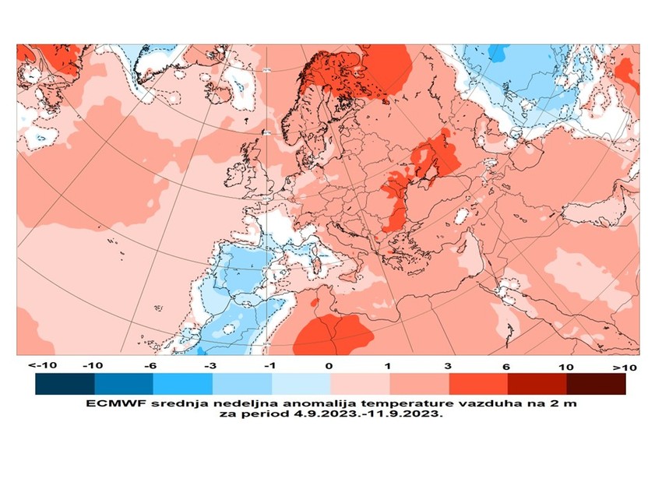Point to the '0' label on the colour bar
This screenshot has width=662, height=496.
click(x=329, y=366)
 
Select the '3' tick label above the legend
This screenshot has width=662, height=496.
click(x=449, y=366)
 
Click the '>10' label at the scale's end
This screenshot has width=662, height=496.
click(x=625, y=366)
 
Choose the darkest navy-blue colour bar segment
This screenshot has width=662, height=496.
click(x=65, y=384)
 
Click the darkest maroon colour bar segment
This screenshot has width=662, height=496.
click(x=596, y=384)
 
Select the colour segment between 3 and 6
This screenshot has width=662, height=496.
click(x=478, y=384)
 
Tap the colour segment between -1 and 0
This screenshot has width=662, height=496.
click(x=301, y=384)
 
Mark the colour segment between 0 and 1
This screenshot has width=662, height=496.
click(x=360, y=384)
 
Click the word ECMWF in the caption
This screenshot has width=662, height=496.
click(x=110, y=404)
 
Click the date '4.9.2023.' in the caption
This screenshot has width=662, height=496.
click(x=321, y=415)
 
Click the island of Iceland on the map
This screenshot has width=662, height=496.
click(x=222, y=92)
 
